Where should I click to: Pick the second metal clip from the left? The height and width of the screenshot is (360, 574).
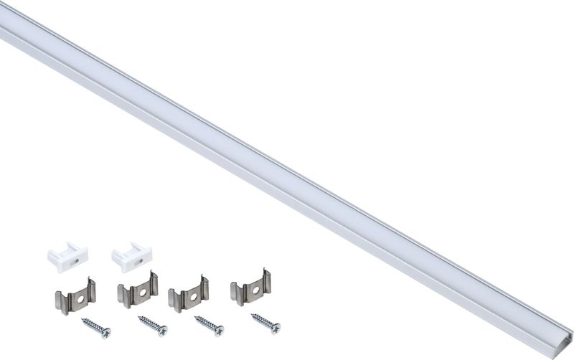point(137,290)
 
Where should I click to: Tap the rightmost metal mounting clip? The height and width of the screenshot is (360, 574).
point(250,290)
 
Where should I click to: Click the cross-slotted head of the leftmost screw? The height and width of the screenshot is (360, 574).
point(106,333)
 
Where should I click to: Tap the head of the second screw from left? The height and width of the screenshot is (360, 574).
point(162,331)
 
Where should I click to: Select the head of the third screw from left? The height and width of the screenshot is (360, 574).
point(219,331)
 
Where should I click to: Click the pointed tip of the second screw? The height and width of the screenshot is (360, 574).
point(138,316)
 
